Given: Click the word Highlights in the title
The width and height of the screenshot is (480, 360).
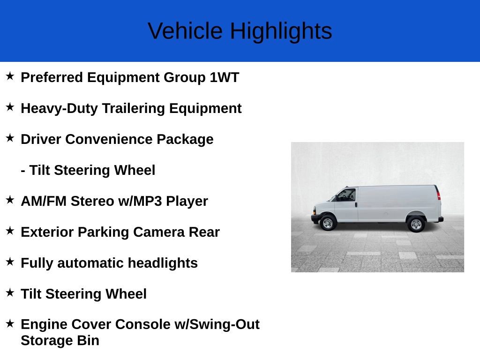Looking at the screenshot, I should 281,31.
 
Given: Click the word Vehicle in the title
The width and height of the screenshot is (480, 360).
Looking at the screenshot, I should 185,31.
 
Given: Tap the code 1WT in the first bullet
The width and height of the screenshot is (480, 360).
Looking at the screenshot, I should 224,77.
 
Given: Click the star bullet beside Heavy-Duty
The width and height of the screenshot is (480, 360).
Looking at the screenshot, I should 10,107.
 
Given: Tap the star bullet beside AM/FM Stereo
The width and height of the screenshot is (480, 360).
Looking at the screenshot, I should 10,200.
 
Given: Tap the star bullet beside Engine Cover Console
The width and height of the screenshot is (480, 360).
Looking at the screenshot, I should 10,323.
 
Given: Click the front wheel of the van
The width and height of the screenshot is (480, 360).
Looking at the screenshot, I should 328,223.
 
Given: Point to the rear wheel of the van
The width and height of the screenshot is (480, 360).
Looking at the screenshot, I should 415,224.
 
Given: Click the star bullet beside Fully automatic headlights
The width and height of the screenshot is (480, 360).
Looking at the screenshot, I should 10,262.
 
